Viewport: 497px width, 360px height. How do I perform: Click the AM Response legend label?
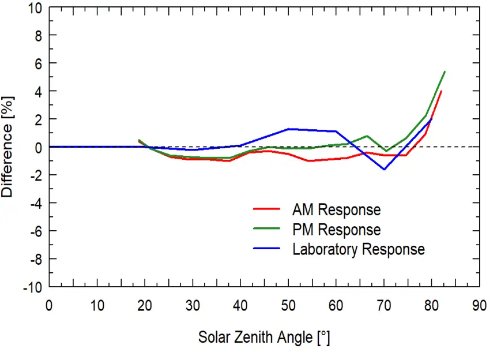pyautogui.click(x=337, y=209)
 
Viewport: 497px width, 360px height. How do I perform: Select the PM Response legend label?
pyautogui.click(x=337, y=230)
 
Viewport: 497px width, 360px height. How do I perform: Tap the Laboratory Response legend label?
pyautogui.click(x=359, y=249)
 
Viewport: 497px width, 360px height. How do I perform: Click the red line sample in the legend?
pyautogui.click(x=266, y=210)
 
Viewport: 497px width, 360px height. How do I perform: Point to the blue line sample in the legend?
pyautogui.click(x=266, y=249)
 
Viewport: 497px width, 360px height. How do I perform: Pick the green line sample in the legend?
pyautogui.click(x=266, y=230)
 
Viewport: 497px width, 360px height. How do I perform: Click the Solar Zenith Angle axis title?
pyautogui.click(x=264, y=337)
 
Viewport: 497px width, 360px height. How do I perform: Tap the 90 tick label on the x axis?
pyautogui.click(x=479, y=304)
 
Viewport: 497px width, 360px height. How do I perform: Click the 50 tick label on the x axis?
pyautogui.click(x=289, y=304)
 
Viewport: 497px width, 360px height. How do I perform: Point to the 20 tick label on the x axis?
pyautogui.click(x=145, y=304)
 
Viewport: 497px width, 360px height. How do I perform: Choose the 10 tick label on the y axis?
pyautogui.click(x=35, y=8)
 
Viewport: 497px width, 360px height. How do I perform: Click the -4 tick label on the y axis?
pyautogui.click(x=35, y=203)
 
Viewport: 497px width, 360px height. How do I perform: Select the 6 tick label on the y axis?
pyautogui.click(x=38, y=63)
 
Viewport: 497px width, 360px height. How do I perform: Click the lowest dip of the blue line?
pyautogui.click(x=384, y=169)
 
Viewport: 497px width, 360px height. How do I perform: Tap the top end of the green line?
pyautogui.click(x=445, y=72)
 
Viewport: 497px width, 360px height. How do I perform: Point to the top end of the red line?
pyautogui.click(x=441, y=91)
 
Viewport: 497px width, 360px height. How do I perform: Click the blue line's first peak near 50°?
pyautogui.click(x=288, y=129)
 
